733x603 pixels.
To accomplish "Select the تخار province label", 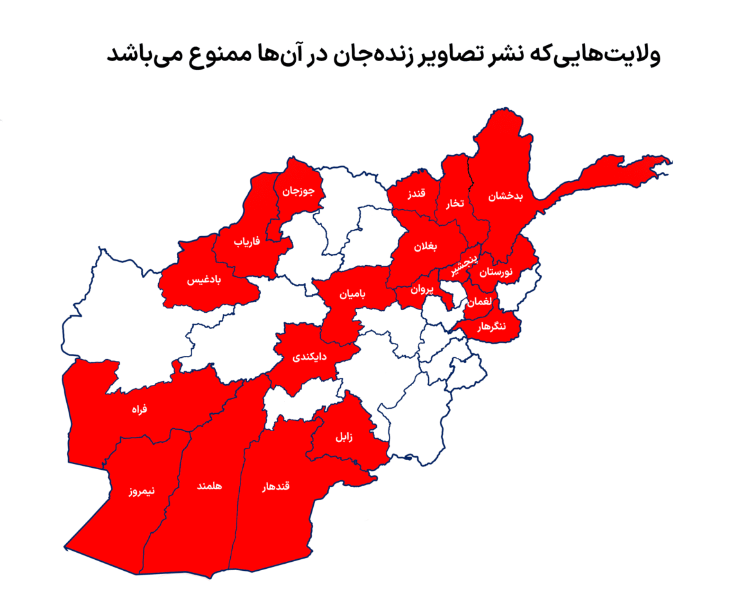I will point(455,203).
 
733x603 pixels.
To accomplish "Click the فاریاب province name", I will point(246,241).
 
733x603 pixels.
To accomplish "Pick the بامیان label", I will point(352,293).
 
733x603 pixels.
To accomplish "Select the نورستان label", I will point(496,272).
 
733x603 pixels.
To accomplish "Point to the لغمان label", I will point(480,301).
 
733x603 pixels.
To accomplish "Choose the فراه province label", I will point(140,409).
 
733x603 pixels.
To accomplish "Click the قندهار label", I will point(276,487).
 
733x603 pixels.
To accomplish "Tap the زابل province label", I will point(343,437).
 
